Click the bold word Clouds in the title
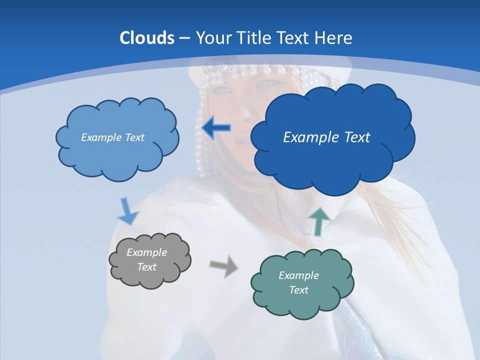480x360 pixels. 146,38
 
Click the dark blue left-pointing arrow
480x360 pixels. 216,128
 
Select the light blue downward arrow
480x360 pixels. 127,212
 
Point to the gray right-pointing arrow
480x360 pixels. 223,265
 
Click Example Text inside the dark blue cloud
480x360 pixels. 326,137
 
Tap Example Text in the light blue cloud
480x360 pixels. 112,137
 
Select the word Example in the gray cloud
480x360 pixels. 146,252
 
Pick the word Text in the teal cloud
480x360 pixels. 298,290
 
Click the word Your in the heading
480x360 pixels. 211,38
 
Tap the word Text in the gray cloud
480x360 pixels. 146,267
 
